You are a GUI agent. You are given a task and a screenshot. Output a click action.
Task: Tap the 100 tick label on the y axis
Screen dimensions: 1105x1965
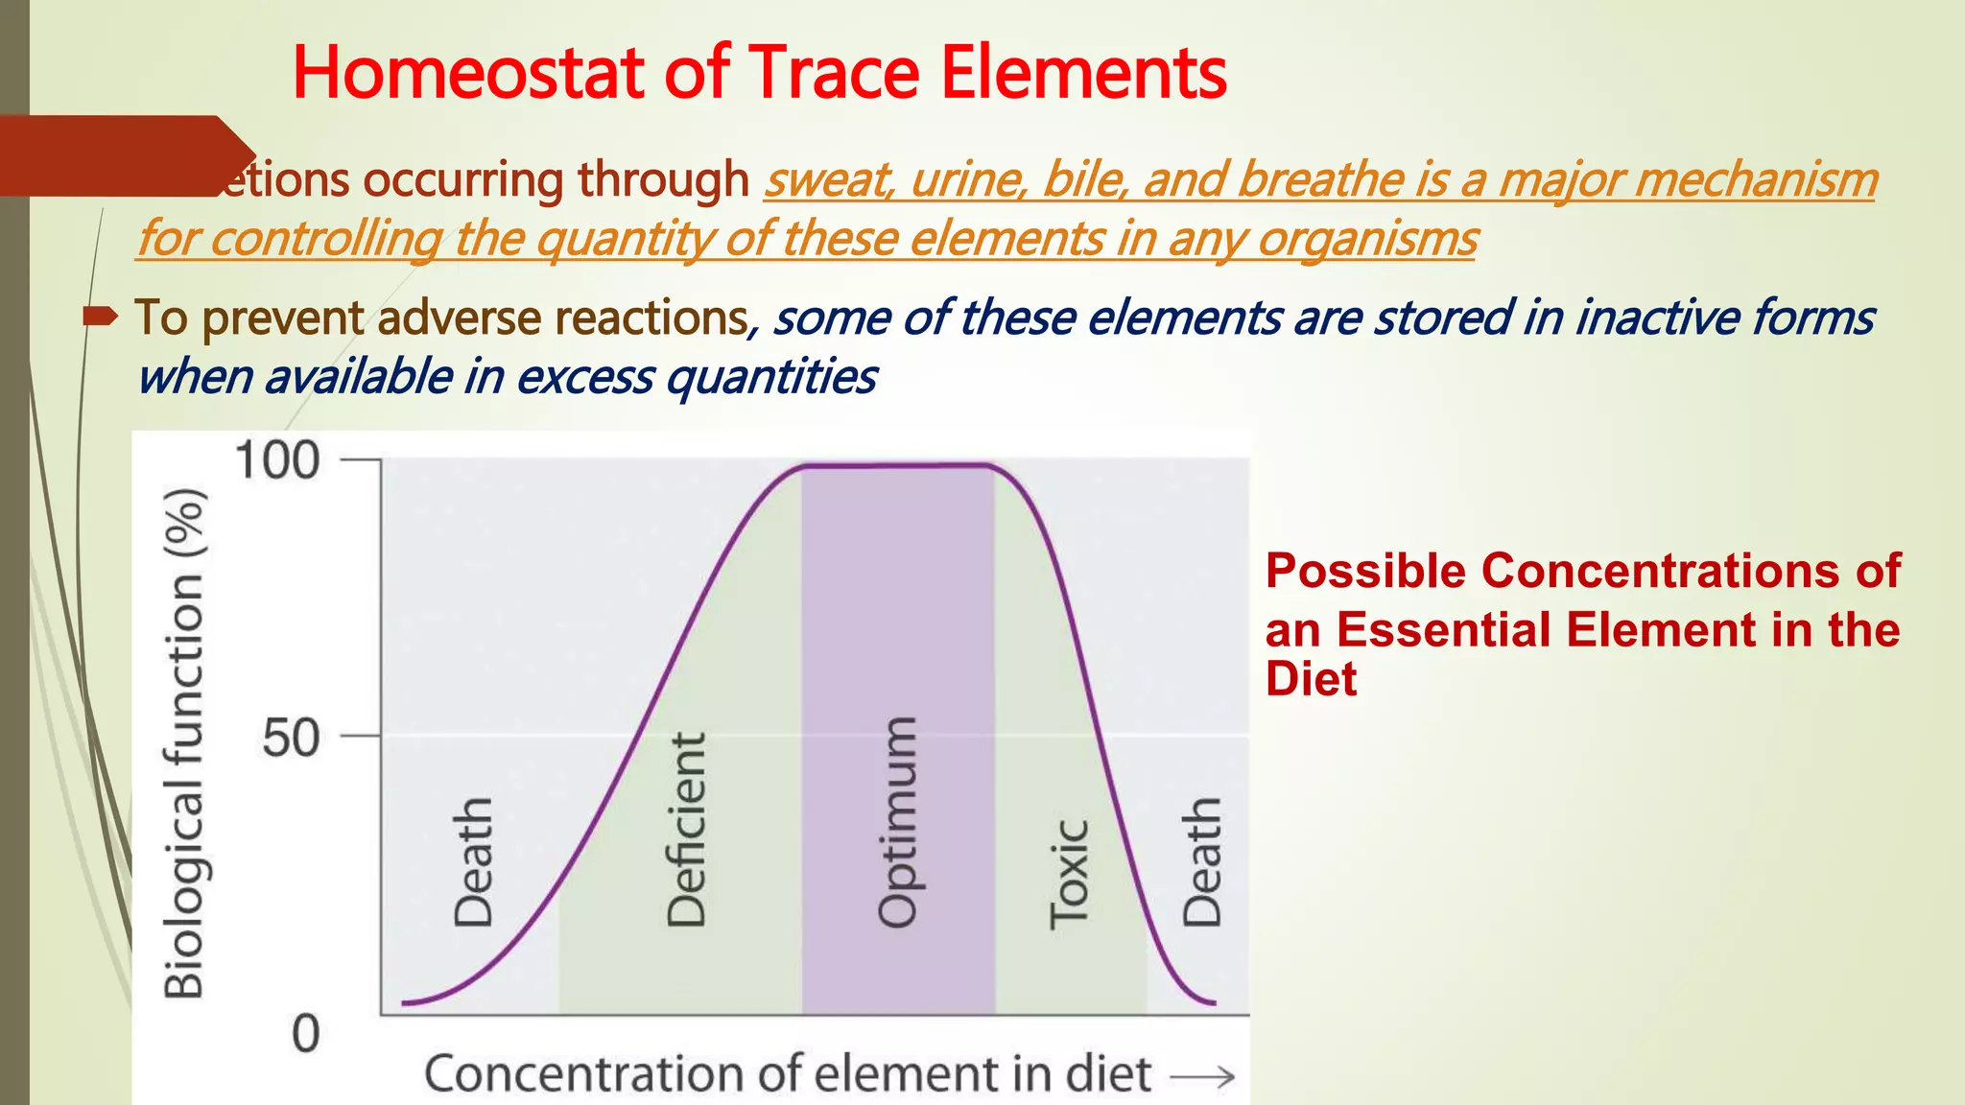coord(276,460)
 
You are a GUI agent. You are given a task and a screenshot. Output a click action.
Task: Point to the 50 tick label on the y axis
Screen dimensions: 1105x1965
coord(290,738)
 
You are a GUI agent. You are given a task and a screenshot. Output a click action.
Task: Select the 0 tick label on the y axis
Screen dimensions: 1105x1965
coord(305,1035)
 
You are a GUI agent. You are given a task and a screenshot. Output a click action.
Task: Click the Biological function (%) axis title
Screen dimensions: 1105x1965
coord(184,743)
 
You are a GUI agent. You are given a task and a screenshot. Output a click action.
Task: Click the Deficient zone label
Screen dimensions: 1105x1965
coord(686,830)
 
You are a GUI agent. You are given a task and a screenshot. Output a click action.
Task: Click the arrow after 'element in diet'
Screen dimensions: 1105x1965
coord(1202,1077)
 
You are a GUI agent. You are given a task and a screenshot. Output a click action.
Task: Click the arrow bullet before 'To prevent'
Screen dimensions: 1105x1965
coord(100,316)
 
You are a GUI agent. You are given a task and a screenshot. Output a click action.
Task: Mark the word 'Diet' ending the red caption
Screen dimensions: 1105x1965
coord(1311,679)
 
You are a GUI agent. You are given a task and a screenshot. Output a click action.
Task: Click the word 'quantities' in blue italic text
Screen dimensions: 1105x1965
coord(770,376)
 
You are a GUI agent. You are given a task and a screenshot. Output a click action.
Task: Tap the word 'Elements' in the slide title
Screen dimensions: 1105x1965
coord(1083,73)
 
